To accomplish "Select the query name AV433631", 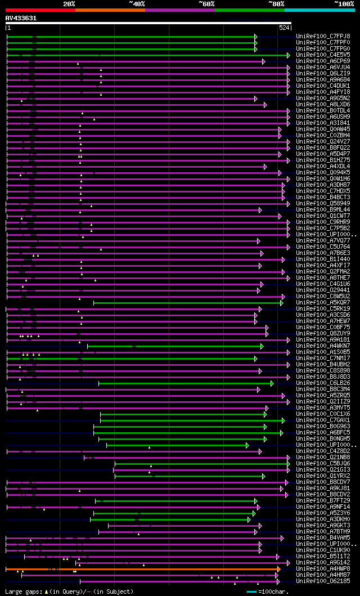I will coord(21,18).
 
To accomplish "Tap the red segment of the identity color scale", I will coord(40,10).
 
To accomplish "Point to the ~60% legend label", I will coord(206,3).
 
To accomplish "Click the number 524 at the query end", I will coord(284,27).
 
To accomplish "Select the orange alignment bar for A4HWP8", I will coord(141,569).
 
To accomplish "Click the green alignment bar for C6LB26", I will coord(186,383).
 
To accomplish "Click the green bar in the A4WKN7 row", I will coord(174,346).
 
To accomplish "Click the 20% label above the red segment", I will coord(69,3).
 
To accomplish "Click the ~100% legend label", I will coord(344,3).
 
